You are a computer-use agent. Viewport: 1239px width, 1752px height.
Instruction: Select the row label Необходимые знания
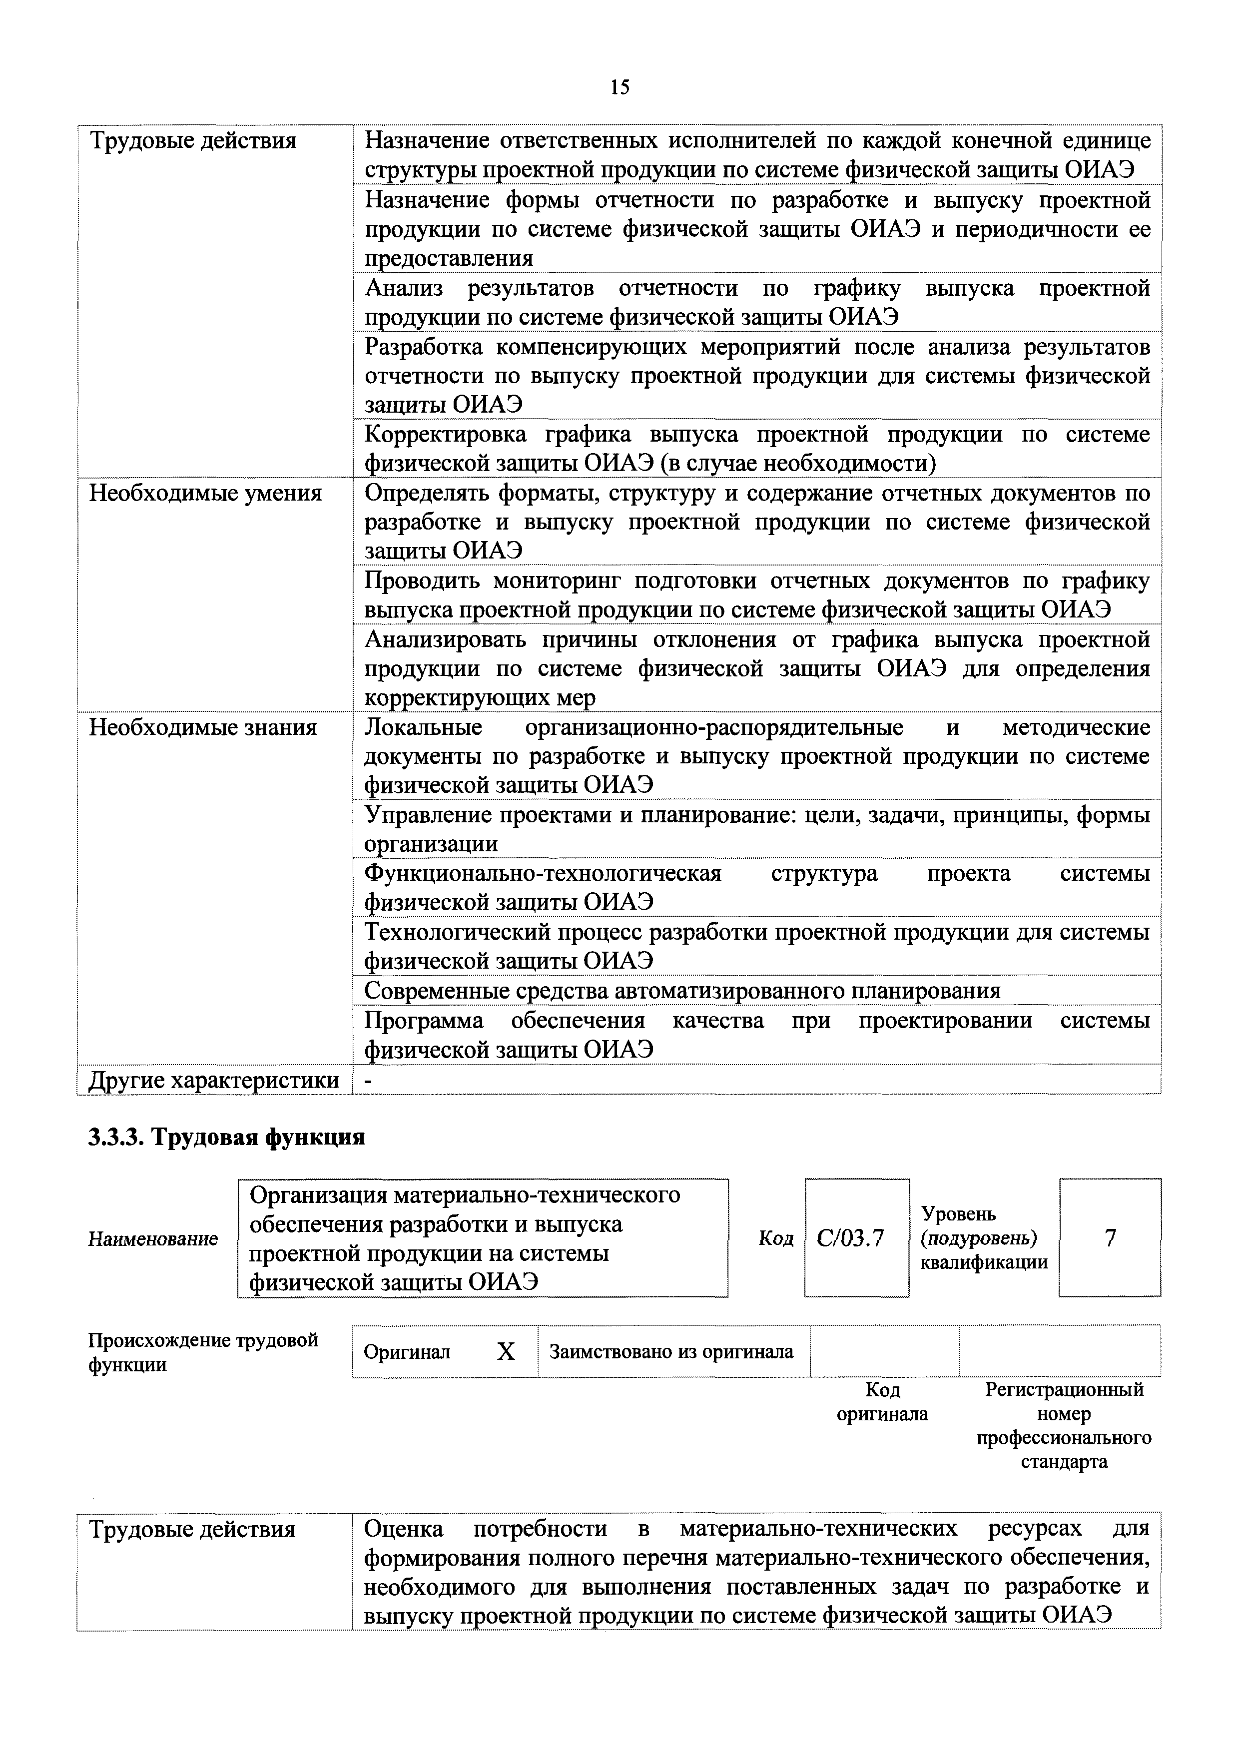click(x=203, y=728)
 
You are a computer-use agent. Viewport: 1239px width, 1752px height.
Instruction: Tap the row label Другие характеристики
click(x=214, y=1081)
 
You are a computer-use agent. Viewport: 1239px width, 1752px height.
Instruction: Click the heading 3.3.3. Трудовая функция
click(x=227, y=1138)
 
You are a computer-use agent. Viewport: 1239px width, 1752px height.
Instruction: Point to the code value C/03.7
click(x=850, y=1238)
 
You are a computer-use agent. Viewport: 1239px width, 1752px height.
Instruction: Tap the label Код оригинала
click(x=883, y=1402)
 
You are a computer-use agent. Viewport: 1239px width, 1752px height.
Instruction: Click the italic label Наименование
click(x=152, y=1238)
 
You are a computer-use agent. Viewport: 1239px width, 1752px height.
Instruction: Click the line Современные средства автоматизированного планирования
click(x=682, y=991)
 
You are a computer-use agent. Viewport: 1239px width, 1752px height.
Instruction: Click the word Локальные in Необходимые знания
click(x=424, y=728)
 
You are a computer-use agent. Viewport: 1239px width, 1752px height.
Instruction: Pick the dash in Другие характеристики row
click(x=369, y=1081)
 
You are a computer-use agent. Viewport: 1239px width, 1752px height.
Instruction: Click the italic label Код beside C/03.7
click(x=775, y=1238)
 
